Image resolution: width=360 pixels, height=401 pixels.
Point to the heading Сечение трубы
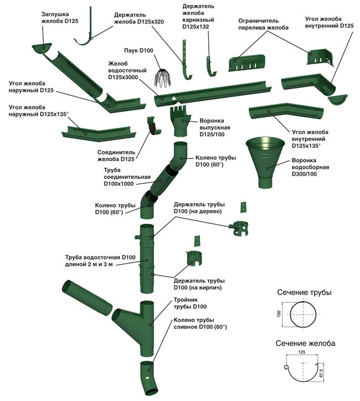(x=305, y=292)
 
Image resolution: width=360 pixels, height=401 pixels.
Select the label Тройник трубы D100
(x=191, y=303)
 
